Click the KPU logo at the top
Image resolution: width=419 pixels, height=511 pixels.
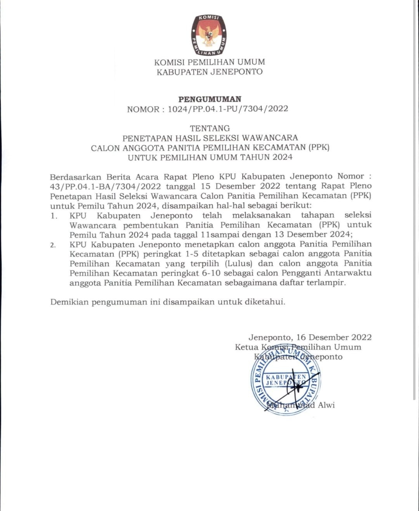coord(209,35)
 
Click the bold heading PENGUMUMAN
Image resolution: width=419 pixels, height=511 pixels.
coord(209,99)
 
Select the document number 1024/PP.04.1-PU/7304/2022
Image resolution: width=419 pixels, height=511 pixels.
coord(228,109)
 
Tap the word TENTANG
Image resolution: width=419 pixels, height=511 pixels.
coord(209,128)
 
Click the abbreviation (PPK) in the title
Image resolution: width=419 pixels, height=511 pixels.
coord(319,148)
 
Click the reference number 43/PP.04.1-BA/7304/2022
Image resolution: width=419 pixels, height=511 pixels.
coord(106,186)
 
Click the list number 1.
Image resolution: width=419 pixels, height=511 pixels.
coord(54,216)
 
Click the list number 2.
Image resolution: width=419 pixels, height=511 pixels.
coord(53,245)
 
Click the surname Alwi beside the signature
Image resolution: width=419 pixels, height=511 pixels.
coord(326,405)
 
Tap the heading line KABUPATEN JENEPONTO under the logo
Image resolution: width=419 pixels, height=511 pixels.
coord(209,72)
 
